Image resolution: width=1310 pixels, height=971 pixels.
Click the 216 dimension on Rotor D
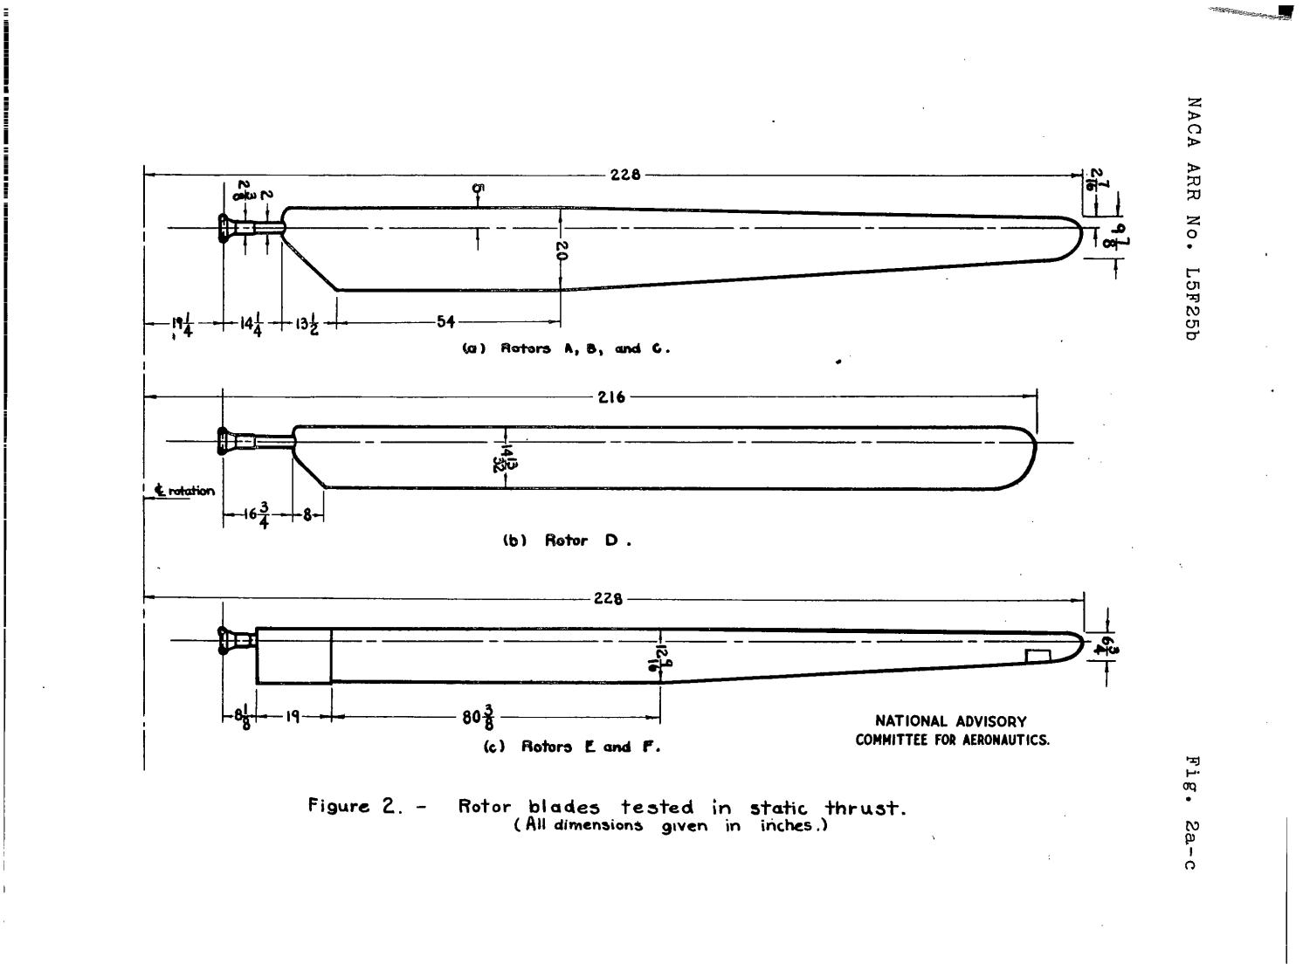(611, 397)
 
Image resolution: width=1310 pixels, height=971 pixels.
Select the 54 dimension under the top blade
(445, 322)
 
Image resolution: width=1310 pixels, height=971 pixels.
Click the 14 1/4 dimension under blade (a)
(251, 323)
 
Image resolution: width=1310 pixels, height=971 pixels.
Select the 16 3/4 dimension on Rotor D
(258, 515)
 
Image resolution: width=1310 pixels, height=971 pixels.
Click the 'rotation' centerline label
(185, 491)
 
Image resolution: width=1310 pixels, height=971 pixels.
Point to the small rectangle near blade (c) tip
(1037, 656)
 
